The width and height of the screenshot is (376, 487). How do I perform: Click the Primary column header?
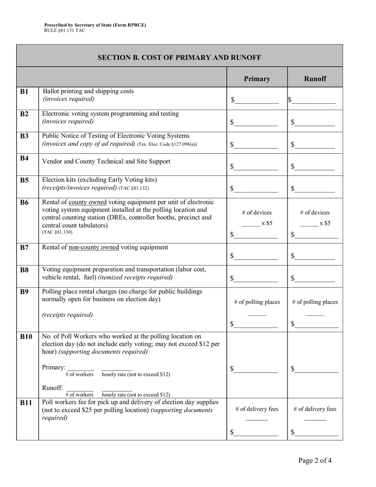[x=257, y=79]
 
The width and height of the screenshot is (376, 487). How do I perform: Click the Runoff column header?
[x=315, y=79]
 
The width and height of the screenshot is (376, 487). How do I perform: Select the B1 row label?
[x=25, y=92]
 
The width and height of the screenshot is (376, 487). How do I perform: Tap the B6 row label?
[x=25, y=203]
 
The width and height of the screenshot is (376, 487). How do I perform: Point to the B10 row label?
[x=26, y=337]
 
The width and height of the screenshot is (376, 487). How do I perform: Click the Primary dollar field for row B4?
[x=256, y=167]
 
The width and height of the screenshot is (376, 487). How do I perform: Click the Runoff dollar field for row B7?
[x=315, y=257]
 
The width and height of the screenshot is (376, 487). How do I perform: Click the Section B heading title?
[x=179, y=58]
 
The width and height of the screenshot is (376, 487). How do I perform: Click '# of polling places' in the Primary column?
[x=257, y=302]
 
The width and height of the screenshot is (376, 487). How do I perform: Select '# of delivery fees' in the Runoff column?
[x=315, y=409]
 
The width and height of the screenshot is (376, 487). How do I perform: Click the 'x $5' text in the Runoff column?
[x=325, y=223]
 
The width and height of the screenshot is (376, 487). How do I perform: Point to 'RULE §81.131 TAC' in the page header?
[x=65, y=30]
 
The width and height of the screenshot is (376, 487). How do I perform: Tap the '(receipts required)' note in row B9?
[x=67, y=315]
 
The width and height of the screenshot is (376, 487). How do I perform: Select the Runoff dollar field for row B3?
[x=315, y=145]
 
